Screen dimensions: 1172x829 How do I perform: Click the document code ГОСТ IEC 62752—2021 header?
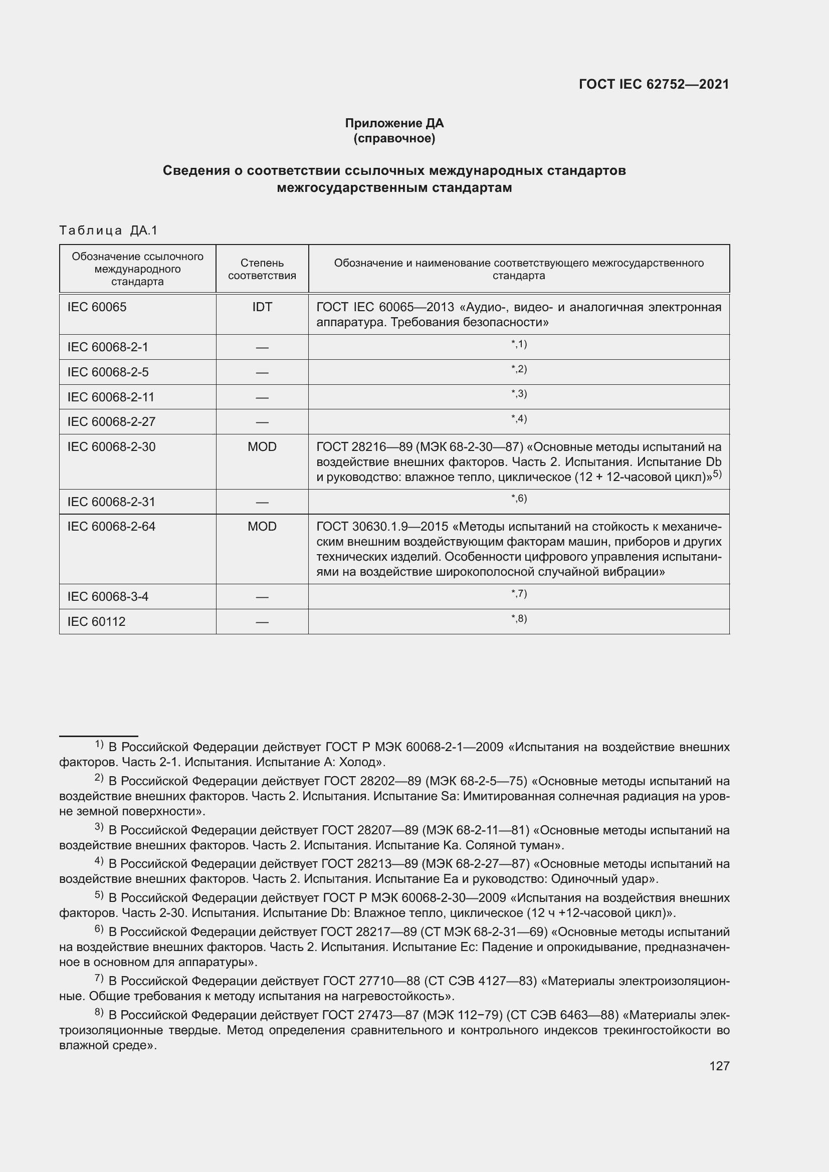tap(654, 85)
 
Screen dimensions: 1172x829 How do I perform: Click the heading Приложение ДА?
tap(394, 123)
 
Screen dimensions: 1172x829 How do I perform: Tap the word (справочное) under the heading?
tap(394, 138)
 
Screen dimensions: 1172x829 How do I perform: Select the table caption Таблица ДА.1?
tap(108, 230)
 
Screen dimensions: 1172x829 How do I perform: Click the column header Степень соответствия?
tap(262, 269)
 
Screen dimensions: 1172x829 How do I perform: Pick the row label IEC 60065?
tap(97, 307)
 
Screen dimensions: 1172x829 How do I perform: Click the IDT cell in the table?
tap(262, 307)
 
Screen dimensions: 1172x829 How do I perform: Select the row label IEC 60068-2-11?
tap(111, 397)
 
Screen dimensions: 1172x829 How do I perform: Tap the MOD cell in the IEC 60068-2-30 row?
tap(262, 447)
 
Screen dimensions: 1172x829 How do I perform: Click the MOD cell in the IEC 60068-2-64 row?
tap(262, 527)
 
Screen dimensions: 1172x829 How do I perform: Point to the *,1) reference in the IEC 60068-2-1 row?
tap(519, 345)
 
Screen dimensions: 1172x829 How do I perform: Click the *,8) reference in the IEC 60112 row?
tap(519, 619)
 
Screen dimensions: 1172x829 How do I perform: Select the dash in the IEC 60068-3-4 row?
tap(262, 597)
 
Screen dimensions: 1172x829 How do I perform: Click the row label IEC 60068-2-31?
tap(111, 502)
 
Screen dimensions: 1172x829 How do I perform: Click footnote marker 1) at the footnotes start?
tap(99, 745)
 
